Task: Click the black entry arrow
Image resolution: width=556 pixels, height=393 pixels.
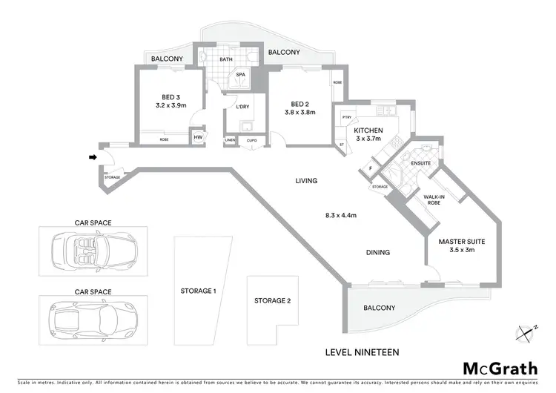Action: (x=92, y=156)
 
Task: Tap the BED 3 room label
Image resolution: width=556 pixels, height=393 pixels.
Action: (x=171, y=96)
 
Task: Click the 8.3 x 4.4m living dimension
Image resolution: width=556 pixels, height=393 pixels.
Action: (x=341, y=216)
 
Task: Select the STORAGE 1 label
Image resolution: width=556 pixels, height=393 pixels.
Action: (x=198, y=291)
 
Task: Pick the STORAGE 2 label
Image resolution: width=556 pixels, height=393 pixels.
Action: (x=272, y=301)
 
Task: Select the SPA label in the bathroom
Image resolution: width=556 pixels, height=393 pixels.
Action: (x=240, y=75)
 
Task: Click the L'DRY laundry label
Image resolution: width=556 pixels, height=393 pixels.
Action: (x=242, y=108)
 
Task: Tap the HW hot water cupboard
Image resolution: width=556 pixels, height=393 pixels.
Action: (x=198, y=137)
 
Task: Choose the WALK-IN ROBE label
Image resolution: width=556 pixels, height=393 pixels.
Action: (x=434, y=199)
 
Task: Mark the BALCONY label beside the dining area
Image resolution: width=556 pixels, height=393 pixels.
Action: (x=378, y=308)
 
